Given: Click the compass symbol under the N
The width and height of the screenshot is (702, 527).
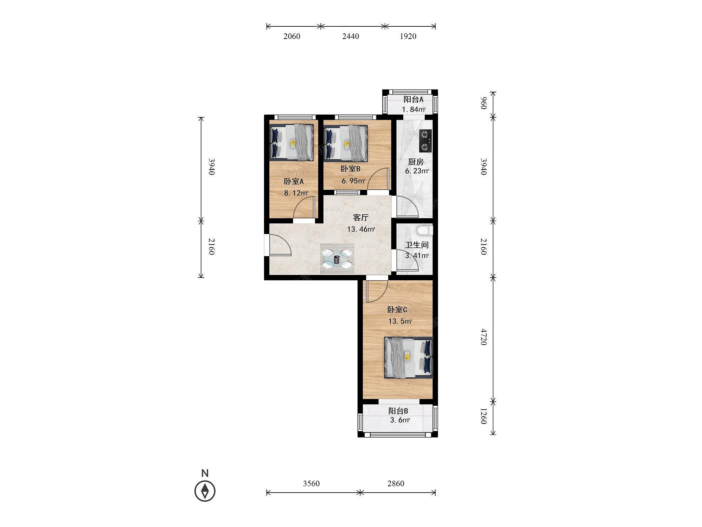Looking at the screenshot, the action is (x=205, y=491).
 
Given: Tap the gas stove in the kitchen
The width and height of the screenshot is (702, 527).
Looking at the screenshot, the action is (x=425, y=141).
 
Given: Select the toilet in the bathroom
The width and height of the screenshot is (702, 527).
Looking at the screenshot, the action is (x=424, y=230).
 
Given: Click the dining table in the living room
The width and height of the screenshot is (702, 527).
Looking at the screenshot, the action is (x=337, y=259).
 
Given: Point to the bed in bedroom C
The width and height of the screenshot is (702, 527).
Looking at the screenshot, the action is (x=409, y=358).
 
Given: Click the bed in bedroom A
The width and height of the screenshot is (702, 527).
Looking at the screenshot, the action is (x=291, y=143).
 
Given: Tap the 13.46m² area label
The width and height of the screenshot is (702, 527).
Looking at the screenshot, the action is (x=361, y=229).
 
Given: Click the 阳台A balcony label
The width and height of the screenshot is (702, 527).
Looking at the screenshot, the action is (x=413, y=99).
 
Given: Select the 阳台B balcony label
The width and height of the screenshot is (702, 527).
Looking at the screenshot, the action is (x=398, y=411).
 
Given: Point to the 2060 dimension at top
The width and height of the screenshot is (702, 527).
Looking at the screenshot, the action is (x=292, y=36).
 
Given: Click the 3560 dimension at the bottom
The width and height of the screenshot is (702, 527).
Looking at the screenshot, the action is (x=311, y=483).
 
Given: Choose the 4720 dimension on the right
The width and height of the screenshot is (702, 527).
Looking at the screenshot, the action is (x=484, y=337).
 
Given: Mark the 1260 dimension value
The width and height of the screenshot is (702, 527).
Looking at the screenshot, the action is (x=484, y=416).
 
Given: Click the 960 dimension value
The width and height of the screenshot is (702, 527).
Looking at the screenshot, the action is (x=484, y=103).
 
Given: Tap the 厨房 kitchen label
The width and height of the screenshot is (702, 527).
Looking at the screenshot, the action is (x=416, y=162).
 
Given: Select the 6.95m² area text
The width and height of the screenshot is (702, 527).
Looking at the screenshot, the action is (x=353, y=181).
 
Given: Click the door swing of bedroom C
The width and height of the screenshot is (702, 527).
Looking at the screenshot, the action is (x=377, y=291).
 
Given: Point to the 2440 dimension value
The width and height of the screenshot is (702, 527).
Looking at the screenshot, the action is (x=351, y=36).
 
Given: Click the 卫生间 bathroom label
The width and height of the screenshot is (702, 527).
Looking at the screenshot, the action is (x=417, y=245).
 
